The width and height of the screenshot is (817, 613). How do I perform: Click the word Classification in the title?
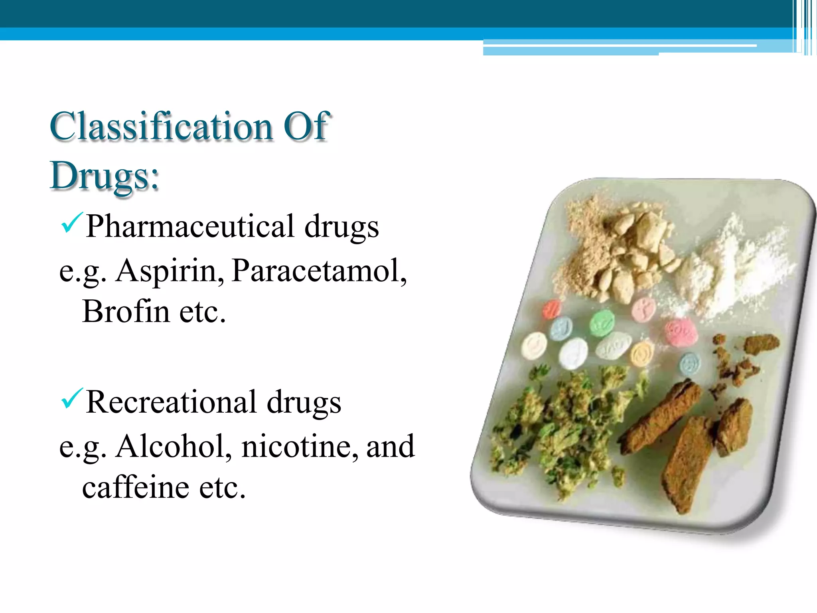pos(161,127)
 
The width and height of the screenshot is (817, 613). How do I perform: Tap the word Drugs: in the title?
pos(105,176)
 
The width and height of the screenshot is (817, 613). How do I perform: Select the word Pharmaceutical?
pos(190,226)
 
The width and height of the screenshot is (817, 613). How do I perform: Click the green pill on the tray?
pos(602,322)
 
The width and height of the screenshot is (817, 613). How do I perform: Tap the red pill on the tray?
pos(552,308)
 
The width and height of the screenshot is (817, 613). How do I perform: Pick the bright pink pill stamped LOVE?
pos(681,331)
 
